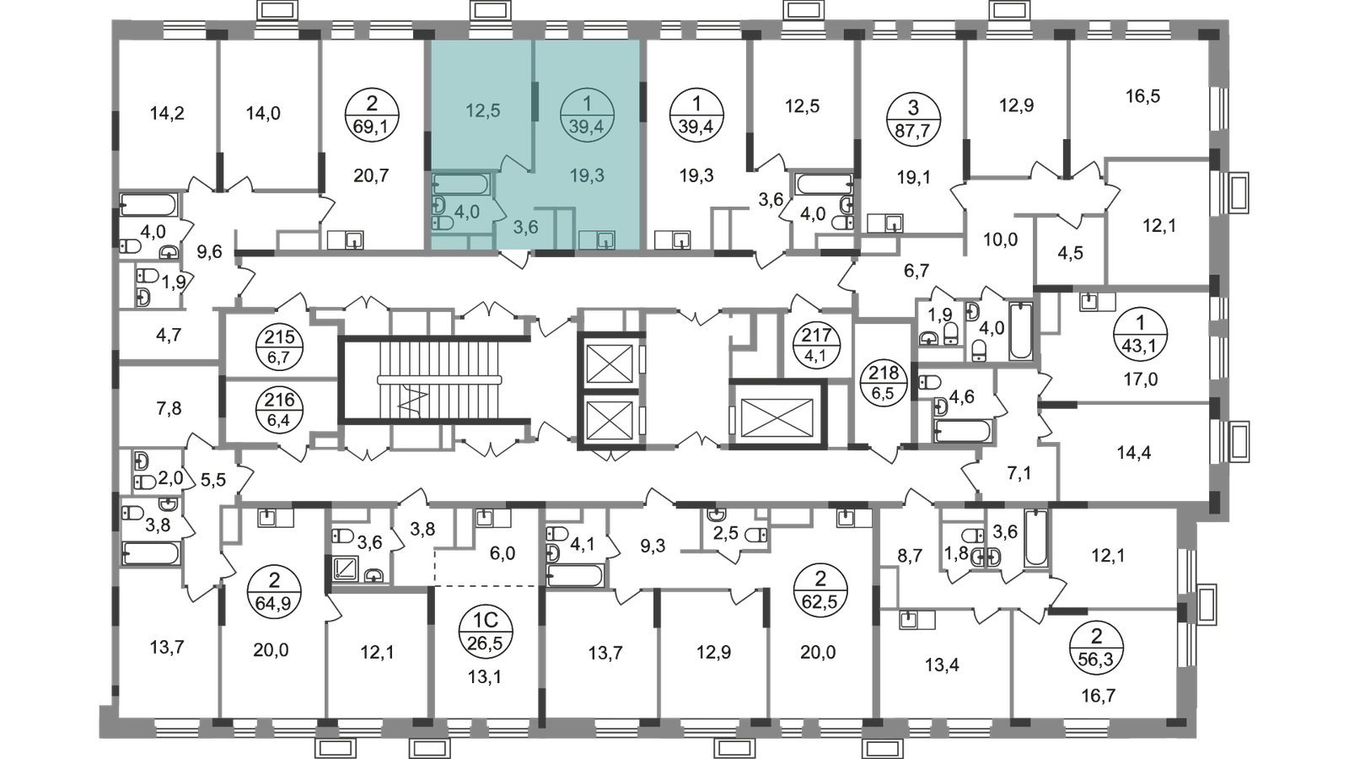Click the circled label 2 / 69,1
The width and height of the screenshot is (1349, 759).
pos(372,115)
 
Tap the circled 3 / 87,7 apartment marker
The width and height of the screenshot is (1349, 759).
pos(913,119)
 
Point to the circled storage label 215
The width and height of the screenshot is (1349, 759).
pos(279,347)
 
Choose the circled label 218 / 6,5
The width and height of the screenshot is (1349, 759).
pos(884,383)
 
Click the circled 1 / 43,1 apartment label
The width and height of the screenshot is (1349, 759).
pos(1141,332)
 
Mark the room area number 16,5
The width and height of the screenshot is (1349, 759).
pos(1142,96)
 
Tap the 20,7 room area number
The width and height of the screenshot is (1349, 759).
pos(372,175)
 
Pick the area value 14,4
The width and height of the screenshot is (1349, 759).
pos(1134,452)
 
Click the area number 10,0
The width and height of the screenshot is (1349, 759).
pos(1000,240)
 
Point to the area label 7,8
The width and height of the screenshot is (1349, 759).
pos(169,409)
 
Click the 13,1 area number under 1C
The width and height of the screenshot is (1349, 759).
pos(485,677)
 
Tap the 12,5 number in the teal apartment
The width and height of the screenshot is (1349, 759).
pos(483,110)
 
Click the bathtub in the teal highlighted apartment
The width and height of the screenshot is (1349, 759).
pos(460,183)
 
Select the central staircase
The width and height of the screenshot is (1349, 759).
pos(439,379)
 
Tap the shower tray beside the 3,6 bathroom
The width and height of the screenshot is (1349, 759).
pos(346,568)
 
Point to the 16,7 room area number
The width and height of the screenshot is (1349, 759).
pos(1099,696)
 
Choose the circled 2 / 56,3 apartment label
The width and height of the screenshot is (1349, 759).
pos(1097,648)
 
